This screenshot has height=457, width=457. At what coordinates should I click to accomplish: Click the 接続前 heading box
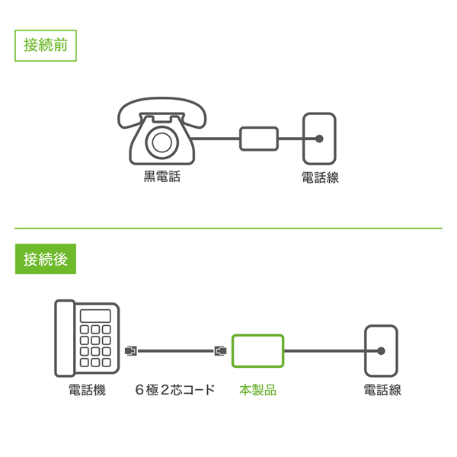point(46,45)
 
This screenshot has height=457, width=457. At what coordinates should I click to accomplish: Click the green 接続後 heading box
point(46,259)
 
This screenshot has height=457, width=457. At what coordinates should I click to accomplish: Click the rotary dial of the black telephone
point(162,142)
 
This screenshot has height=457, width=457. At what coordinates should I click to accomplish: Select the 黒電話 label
point(162,177)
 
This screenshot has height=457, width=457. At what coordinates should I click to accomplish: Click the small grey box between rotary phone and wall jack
point(260,139)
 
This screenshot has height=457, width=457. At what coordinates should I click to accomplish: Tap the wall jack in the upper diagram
point(319,139)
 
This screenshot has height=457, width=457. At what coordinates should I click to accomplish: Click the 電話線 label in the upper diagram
point(320,177)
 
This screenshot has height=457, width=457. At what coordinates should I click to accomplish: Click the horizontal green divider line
point(228,228)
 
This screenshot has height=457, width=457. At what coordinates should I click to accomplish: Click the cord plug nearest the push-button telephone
point(131,351)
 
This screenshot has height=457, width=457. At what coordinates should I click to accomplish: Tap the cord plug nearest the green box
point(221,351)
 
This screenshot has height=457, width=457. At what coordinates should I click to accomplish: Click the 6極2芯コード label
point(175,390)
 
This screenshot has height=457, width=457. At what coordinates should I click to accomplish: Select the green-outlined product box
point(258,351)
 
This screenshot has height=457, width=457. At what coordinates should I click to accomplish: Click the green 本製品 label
point(258,390)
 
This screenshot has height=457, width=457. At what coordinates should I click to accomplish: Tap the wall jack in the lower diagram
point(381,351)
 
